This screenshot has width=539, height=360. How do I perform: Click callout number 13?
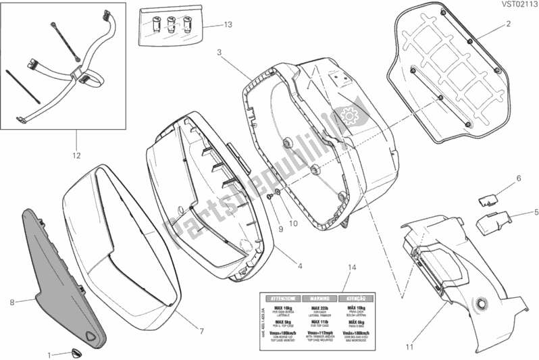[228, 25]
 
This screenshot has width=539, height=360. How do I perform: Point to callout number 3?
[220, 51]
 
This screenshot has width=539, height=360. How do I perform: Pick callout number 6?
[519, 178]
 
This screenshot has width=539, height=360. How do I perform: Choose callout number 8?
[12, 303]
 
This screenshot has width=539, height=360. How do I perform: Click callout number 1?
[49, 354]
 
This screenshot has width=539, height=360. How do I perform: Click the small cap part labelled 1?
[74, 351]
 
